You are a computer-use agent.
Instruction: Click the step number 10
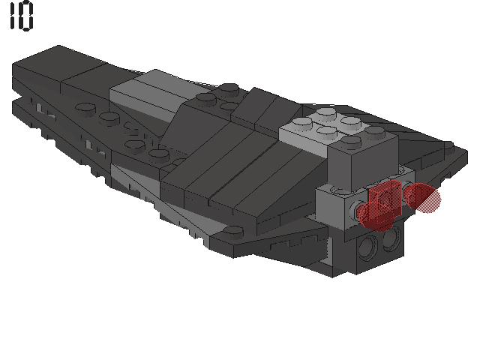pos(21,15)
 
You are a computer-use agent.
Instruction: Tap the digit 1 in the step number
pos(13,15)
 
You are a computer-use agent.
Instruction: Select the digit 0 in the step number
pos(27,16)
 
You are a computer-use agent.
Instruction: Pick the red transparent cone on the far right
pos(423,197)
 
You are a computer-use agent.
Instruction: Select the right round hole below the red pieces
pos(391,237)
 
